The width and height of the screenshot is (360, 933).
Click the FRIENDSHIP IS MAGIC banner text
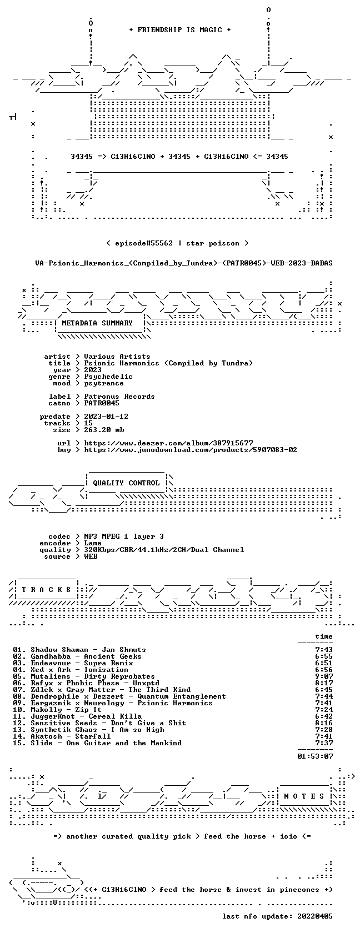(x=180, y=30)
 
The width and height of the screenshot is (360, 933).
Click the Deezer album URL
(x=169, y=443)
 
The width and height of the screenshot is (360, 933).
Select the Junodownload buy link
(x=191, y=450)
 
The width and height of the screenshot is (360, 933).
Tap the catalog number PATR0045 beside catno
(x=102, y=403)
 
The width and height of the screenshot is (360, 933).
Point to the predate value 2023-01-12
(x=106, y=417)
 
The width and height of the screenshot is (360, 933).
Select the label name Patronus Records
(x=119, y=397)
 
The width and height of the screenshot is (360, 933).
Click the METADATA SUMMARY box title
(x=97, y=323)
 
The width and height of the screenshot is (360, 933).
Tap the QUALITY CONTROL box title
(x=126, y=483)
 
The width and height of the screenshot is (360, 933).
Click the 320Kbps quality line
(x=164, y=550)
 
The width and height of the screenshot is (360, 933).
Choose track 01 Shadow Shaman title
(x=88, y=650)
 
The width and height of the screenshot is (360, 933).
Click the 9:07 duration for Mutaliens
(x=324, y=676)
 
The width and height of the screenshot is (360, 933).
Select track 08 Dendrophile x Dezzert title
(x=128, y=696)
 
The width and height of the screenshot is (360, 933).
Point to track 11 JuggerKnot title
(x=86, y=716)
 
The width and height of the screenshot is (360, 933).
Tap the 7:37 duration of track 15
(x=324, y=743)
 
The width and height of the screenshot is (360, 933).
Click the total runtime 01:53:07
(x=315, y=756)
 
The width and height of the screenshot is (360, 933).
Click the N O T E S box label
(x=304, y=796)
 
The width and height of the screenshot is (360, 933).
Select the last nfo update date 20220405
(x=315, y=916)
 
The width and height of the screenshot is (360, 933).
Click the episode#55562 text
(x=144, y=243)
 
